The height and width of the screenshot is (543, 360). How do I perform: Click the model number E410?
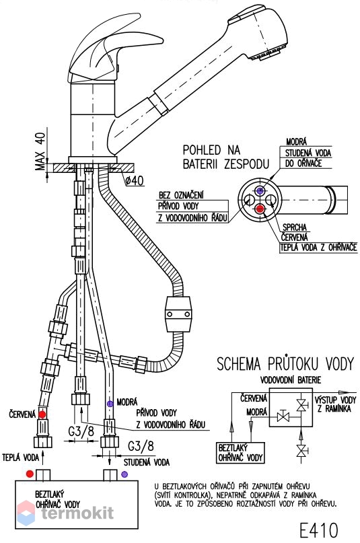318,530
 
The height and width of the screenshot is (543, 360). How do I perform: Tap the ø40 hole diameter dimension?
135,180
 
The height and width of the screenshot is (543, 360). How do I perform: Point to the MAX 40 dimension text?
41,151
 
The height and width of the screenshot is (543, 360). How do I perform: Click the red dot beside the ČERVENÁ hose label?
42,414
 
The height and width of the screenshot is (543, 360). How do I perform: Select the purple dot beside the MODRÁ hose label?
110,404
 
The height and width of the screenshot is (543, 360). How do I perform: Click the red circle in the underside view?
260,209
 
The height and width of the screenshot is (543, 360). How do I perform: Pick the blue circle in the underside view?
260,190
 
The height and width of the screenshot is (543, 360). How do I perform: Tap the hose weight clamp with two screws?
178,314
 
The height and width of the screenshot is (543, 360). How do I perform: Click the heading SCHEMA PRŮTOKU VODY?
285,364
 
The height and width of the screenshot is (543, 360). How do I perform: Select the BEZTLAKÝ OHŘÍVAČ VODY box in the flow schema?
241,453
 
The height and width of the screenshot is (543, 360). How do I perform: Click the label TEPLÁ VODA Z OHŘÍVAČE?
318,248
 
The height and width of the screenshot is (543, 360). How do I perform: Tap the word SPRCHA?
295,227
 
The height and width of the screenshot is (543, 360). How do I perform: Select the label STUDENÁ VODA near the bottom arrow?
147,462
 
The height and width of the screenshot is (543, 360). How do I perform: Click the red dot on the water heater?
30,474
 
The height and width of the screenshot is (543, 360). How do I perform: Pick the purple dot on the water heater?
124,474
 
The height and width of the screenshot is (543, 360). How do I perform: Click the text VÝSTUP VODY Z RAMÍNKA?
335,404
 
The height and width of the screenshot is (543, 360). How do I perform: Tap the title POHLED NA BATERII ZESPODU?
225,157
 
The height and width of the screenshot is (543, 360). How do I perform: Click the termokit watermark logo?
66,513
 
